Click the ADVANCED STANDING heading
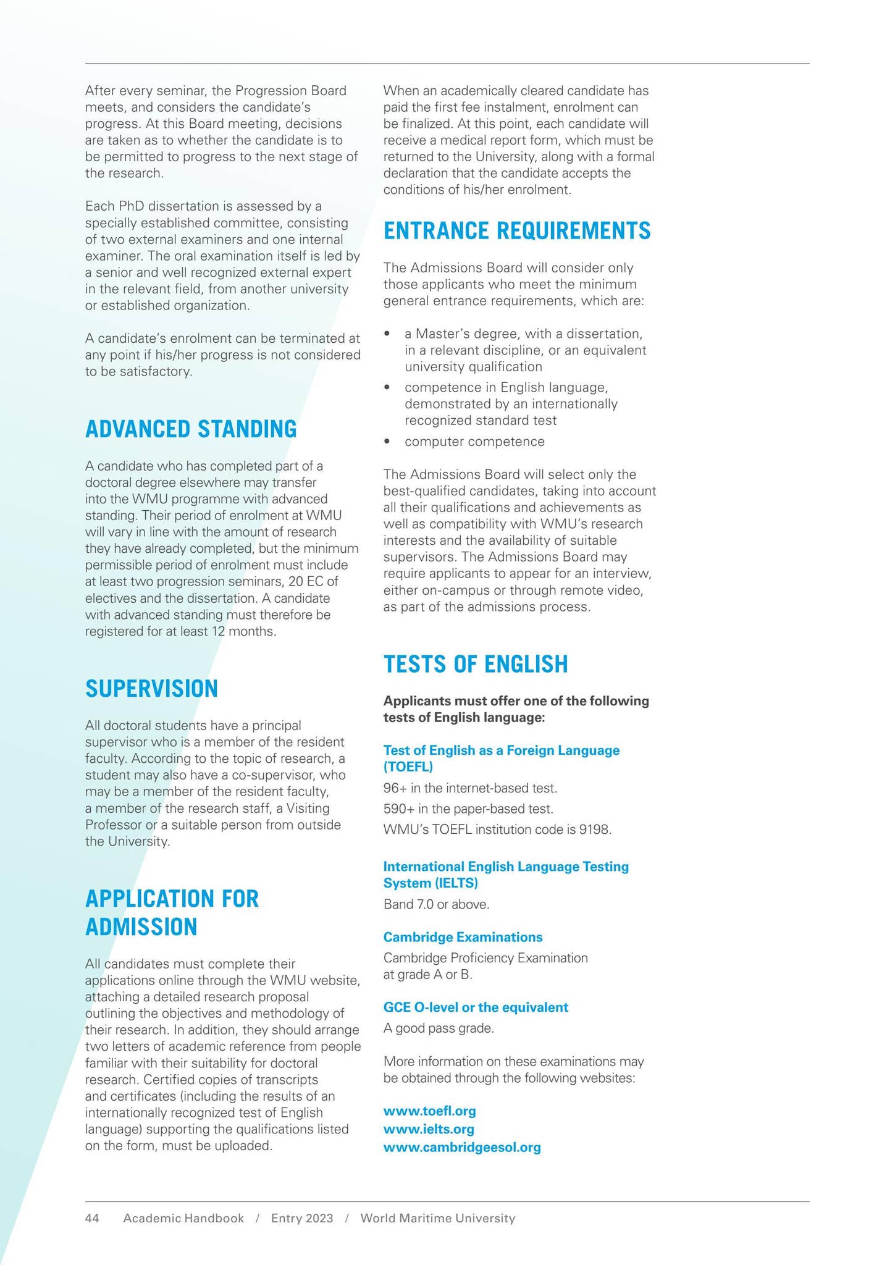[190, 429]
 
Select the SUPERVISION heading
[151, 689]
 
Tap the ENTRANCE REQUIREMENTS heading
[517, 231]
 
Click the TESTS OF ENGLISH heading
[475, 664]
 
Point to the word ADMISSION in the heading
[141, 927]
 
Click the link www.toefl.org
[429, 1111]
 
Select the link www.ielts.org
[429, 1130]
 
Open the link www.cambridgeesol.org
[462, 1148]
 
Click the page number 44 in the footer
[92, 1219]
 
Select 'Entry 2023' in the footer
[302, 1219]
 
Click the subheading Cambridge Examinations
[463, 937]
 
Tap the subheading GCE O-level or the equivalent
[476, 1007]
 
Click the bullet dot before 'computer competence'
[387, 442]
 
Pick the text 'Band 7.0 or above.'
[436, 904]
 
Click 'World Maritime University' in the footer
[437, 1219]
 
